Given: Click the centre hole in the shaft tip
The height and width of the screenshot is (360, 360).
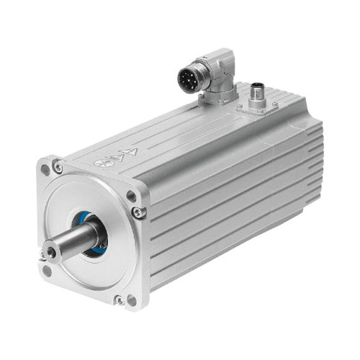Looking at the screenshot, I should [50, 252].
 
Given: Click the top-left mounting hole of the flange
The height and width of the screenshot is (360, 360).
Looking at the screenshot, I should [45, 170].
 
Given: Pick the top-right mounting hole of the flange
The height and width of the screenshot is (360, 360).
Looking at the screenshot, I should [131, 196].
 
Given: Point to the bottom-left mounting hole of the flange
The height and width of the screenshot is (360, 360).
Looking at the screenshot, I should [47, 271].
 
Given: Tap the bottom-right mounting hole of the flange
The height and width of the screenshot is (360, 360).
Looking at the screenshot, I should [132, 300].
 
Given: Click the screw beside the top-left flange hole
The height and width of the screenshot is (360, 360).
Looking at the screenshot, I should [58, 168].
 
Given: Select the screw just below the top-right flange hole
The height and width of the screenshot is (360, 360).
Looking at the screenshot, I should [139, 212].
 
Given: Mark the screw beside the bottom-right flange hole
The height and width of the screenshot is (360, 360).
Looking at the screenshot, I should [120, 298].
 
